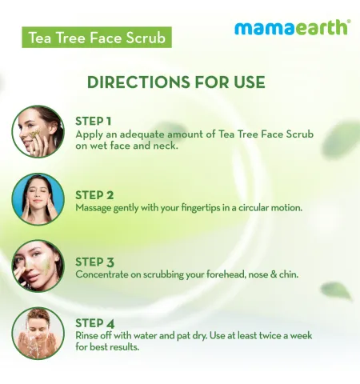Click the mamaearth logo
(293, 27)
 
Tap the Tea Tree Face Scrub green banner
(97, 38)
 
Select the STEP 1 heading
(93, 122)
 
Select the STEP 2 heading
(94, 195)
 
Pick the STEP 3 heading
(94, 262)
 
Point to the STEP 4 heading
(95, 323)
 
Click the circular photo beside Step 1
(38, 131)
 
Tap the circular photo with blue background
(38, 199)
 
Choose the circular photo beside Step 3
(38, 266)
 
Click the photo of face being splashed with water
(38, 333)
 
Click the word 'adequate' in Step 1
(142, 134)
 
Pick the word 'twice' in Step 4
(268, 335)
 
